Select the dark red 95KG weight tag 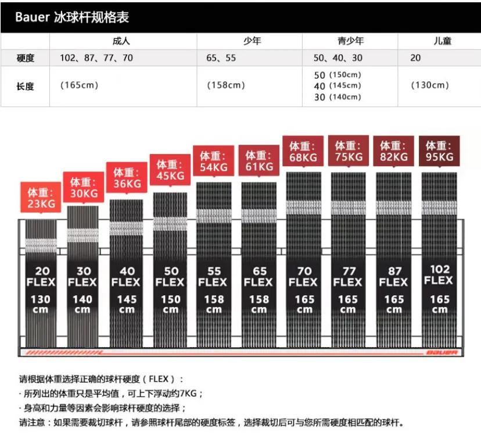pyautogui.click(x=440, y=151)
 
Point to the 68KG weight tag pyautogui.click(x=303, y=151)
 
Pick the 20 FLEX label pyautogui.click(x=41, y=277)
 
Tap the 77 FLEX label pyautogui.click(x=348, y=277)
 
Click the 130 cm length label pyautogui.click(x=41, y=304)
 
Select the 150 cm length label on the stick pyautogui.click(x=170, y=304)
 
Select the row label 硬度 pyautogui.click(x=25, y=58)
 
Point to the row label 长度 pyautogui.click(x=25, y=86)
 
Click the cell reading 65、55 pyautogui.click(x=221, y=58)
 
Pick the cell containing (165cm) pyautogui.click(x=80, y=85)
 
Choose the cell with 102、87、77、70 pyautogui.click(x=96, y=58)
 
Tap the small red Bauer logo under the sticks pyautogui.click(x=441, y=352)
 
